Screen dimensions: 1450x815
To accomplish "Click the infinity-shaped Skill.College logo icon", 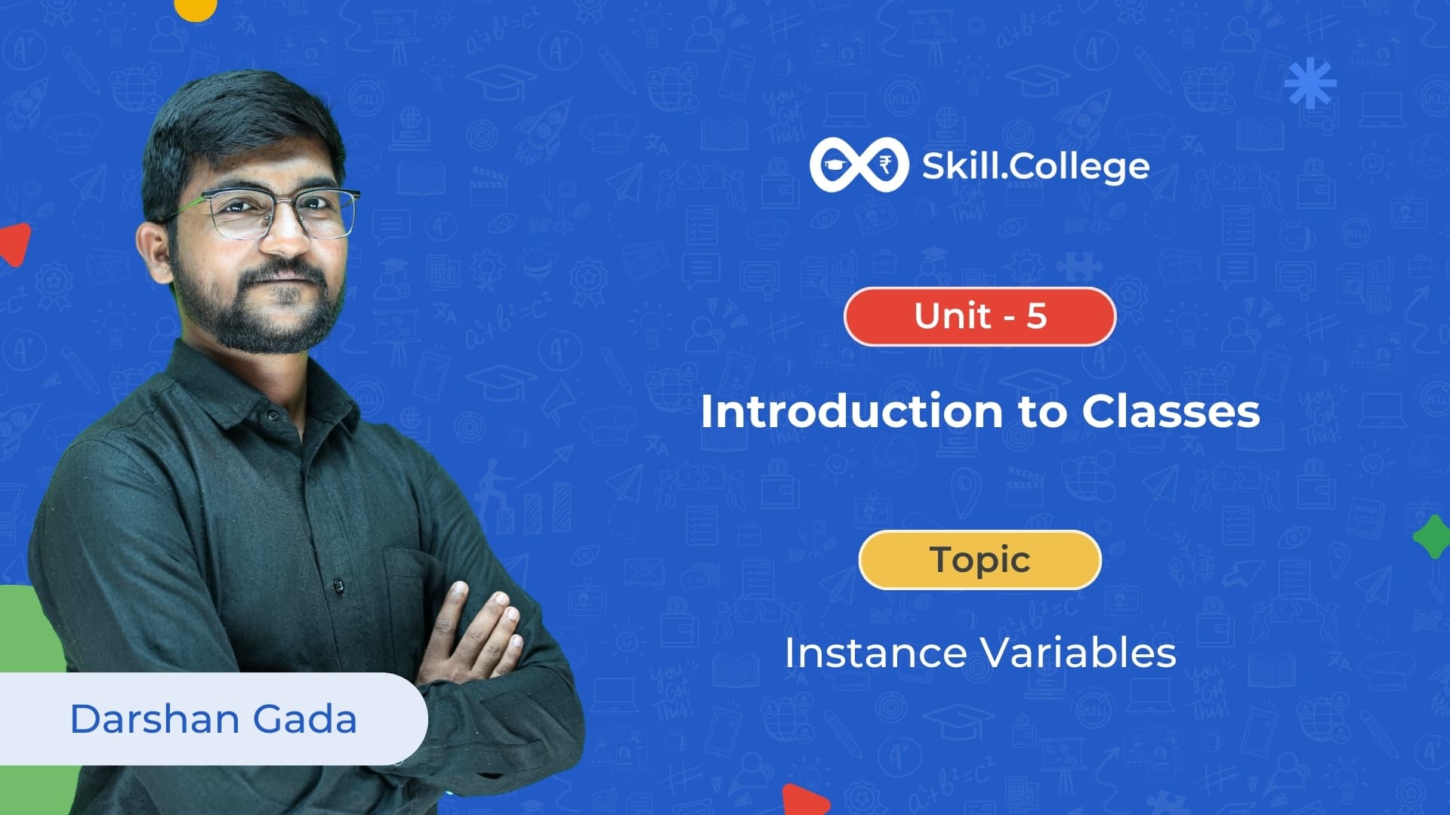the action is click(859, 165).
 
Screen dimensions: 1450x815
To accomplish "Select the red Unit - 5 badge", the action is click(980, 316).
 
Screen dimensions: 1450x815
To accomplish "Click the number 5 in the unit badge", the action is click(1036, 315).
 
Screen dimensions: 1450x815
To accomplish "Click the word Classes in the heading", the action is click(1171, 411).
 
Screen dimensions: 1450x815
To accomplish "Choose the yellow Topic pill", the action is click(980, 560).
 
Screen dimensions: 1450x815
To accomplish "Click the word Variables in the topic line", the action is click(1078, 653).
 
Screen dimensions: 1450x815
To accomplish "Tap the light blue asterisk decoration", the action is click(1310, 82).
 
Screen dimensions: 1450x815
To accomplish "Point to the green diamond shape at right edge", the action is click(1432, 537).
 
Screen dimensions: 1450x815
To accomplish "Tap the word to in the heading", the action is click(1042, 413).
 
